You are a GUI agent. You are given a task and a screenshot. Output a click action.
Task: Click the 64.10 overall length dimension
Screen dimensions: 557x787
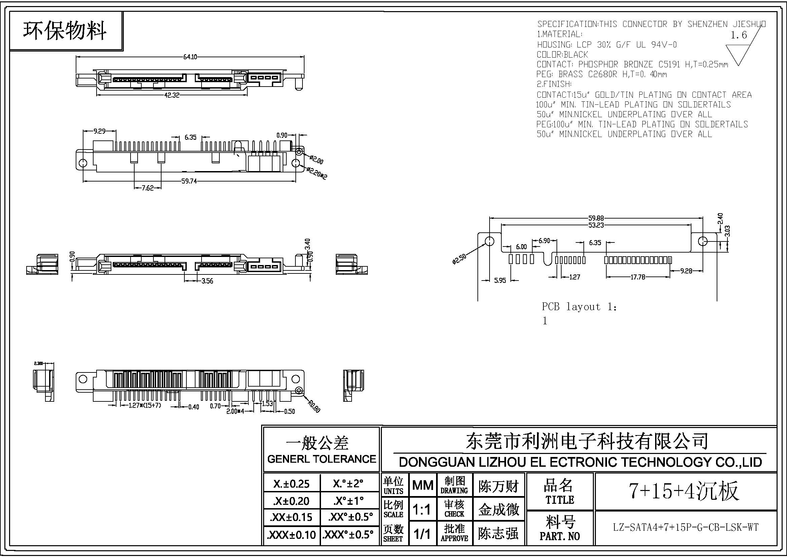tap(190, 57)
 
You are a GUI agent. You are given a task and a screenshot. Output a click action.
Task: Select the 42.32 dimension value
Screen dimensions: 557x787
tap(172, 95)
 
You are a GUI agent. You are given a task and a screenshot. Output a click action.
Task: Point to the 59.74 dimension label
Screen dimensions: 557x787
tap(189, 181)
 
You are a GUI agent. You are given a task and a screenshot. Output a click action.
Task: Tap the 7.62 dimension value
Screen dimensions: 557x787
tap(148, 188)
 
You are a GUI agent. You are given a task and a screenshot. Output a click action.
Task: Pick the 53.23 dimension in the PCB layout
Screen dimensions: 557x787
tap(596, 225)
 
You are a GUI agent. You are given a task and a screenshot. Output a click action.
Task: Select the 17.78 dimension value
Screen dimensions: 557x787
tap(638, 277)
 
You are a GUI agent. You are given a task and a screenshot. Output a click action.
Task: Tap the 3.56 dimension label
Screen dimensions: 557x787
tap(207, 281)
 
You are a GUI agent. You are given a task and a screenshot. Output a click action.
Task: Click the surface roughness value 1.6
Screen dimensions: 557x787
tap(739, 35)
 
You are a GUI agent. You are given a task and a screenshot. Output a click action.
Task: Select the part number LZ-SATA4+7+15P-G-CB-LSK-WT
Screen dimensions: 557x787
tap(685, 527)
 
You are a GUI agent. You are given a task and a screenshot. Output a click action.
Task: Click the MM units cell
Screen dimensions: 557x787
tap(423, 485)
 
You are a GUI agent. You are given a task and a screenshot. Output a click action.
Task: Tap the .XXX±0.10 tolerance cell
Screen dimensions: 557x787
tap(291, 535)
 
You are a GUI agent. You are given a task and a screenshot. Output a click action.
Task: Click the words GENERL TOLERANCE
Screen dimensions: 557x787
tap(322, 459)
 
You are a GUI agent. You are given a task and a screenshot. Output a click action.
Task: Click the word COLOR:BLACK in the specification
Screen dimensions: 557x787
tap(562, 55)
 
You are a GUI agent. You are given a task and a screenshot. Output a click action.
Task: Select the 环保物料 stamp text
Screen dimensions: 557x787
tap(65, 31)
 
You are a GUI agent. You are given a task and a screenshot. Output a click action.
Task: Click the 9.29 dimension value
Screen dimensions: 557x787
tap(99, 131)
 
